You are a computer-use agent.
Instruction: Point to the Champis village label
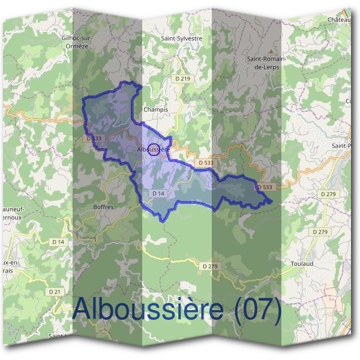(x=155, y=110)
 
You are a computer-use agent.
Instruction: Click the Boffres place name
(x=103, y=206)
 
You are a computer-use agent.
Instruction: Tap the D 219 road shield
(x=182, y=79)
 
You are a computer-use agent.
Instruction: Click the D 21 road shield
(x=55, y=292)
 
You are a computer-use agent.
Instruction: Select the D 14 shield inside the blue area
(x=158, y=193)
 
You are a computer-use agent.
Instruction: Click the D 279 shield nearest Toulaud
(x=322, y=232)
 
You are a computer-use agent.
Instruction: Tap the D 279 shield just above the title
(x=209, y=266)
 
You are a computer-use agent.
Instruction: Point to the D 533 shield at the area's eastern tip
(x=265, y=187)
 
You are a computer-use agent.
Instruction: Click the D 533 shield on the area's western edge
(x=92, y=138)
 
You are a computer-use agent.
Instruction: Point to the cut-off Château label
(x=339, y=20)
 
